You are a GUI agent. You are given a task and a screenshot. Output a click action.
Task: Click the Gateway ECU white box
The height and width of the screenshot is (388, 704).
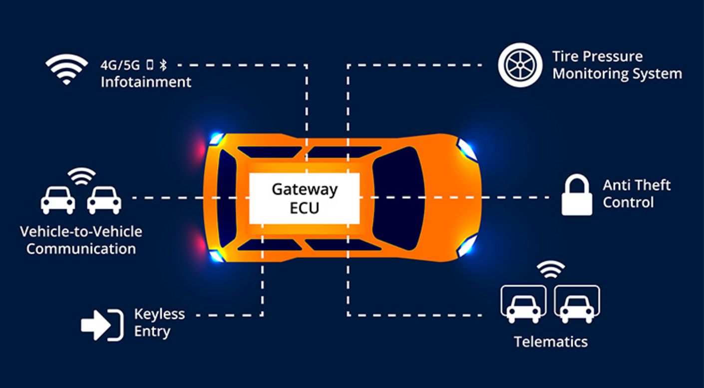coord(304,198)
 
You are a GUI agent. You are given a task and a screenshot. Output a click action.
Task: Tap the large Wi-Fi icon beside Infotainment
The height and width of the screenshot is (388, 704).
coord(66,69)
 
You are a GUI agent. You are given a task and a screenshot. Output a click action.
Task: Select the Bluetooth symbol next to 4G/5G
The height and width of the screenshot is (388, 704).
coord(164,64)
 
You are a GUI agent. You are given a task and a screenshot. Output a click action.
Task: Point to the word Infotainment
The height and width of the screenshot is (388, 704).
coord(146,81)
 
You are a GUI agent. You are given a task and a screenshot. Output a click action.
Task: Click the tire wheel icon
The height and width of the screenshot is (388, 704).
coord(520,65)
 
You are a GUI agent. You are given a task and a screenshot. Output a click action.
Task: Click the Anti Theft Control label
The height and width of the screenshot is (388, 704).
coord(636,193)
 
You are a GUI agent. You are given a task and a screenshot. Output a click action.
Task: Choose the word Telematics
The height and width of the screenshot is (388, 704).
coord(551,342)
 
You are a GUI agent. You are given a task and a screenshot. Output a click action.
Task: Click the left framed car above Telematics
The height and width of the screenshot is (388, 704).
coord(523,304)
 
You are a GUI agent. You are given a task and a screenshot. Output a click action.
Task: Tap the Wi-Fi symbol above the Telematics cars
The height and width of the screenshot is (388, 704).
coord(551,270)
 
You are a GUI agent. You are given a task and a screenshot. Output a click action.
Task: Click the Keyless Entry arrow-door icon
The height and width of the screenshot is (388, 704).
coord(102,325)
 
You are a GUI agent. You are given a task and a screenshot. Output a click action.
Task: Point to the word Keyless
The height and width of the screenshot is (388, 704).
coord(159,314)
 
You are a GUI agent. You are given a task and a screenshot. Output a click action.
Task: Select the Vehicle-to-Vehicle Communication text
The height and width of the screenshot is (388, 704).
coord(81,240)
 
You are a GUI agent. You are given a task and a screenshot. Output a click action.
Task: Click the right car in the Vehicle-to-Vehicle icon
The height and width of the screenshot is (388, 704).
coord(104,200)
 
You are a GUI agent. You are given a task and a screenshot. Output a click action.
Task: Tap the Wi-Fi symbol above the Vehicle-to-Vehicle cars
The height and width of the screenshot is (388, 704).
coord(81,175)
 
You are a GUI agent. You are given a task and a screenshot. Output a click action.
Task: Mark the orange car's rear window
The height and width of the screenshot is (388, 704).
coord(227,198)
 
